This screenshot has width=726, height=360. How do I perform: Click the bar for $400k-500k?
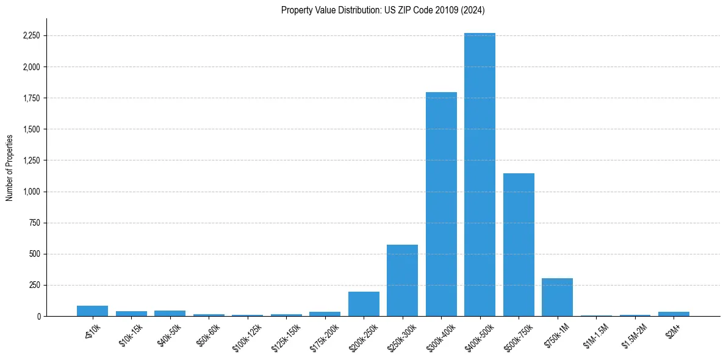tap(480, 177)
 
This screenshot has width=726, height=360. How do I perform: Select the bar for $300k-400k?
tap(441, 204)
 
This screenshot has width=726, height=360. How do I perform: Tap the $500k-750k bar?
tap(519, 244)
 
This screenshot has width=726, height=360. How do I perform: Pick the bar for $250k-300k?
tap(402, 281)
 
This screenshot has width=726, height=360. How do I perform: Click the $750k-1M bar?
tap(557, 297)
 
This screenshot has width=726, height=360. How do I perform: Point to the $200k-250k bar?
tap(364, 304)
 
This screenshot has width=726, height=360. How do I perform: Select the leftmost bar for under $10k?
tap(92, 311)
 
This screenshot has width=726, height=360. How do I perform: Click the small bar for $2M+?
tap(674, 314)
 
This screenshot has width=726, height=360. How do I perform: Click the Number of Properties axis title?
tap(9, 167)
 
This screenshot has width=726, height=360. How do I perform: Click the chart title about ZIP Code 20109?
tap(383, 10)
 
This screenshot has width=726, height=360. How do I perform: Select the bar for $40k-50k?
tap(170, 313)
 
